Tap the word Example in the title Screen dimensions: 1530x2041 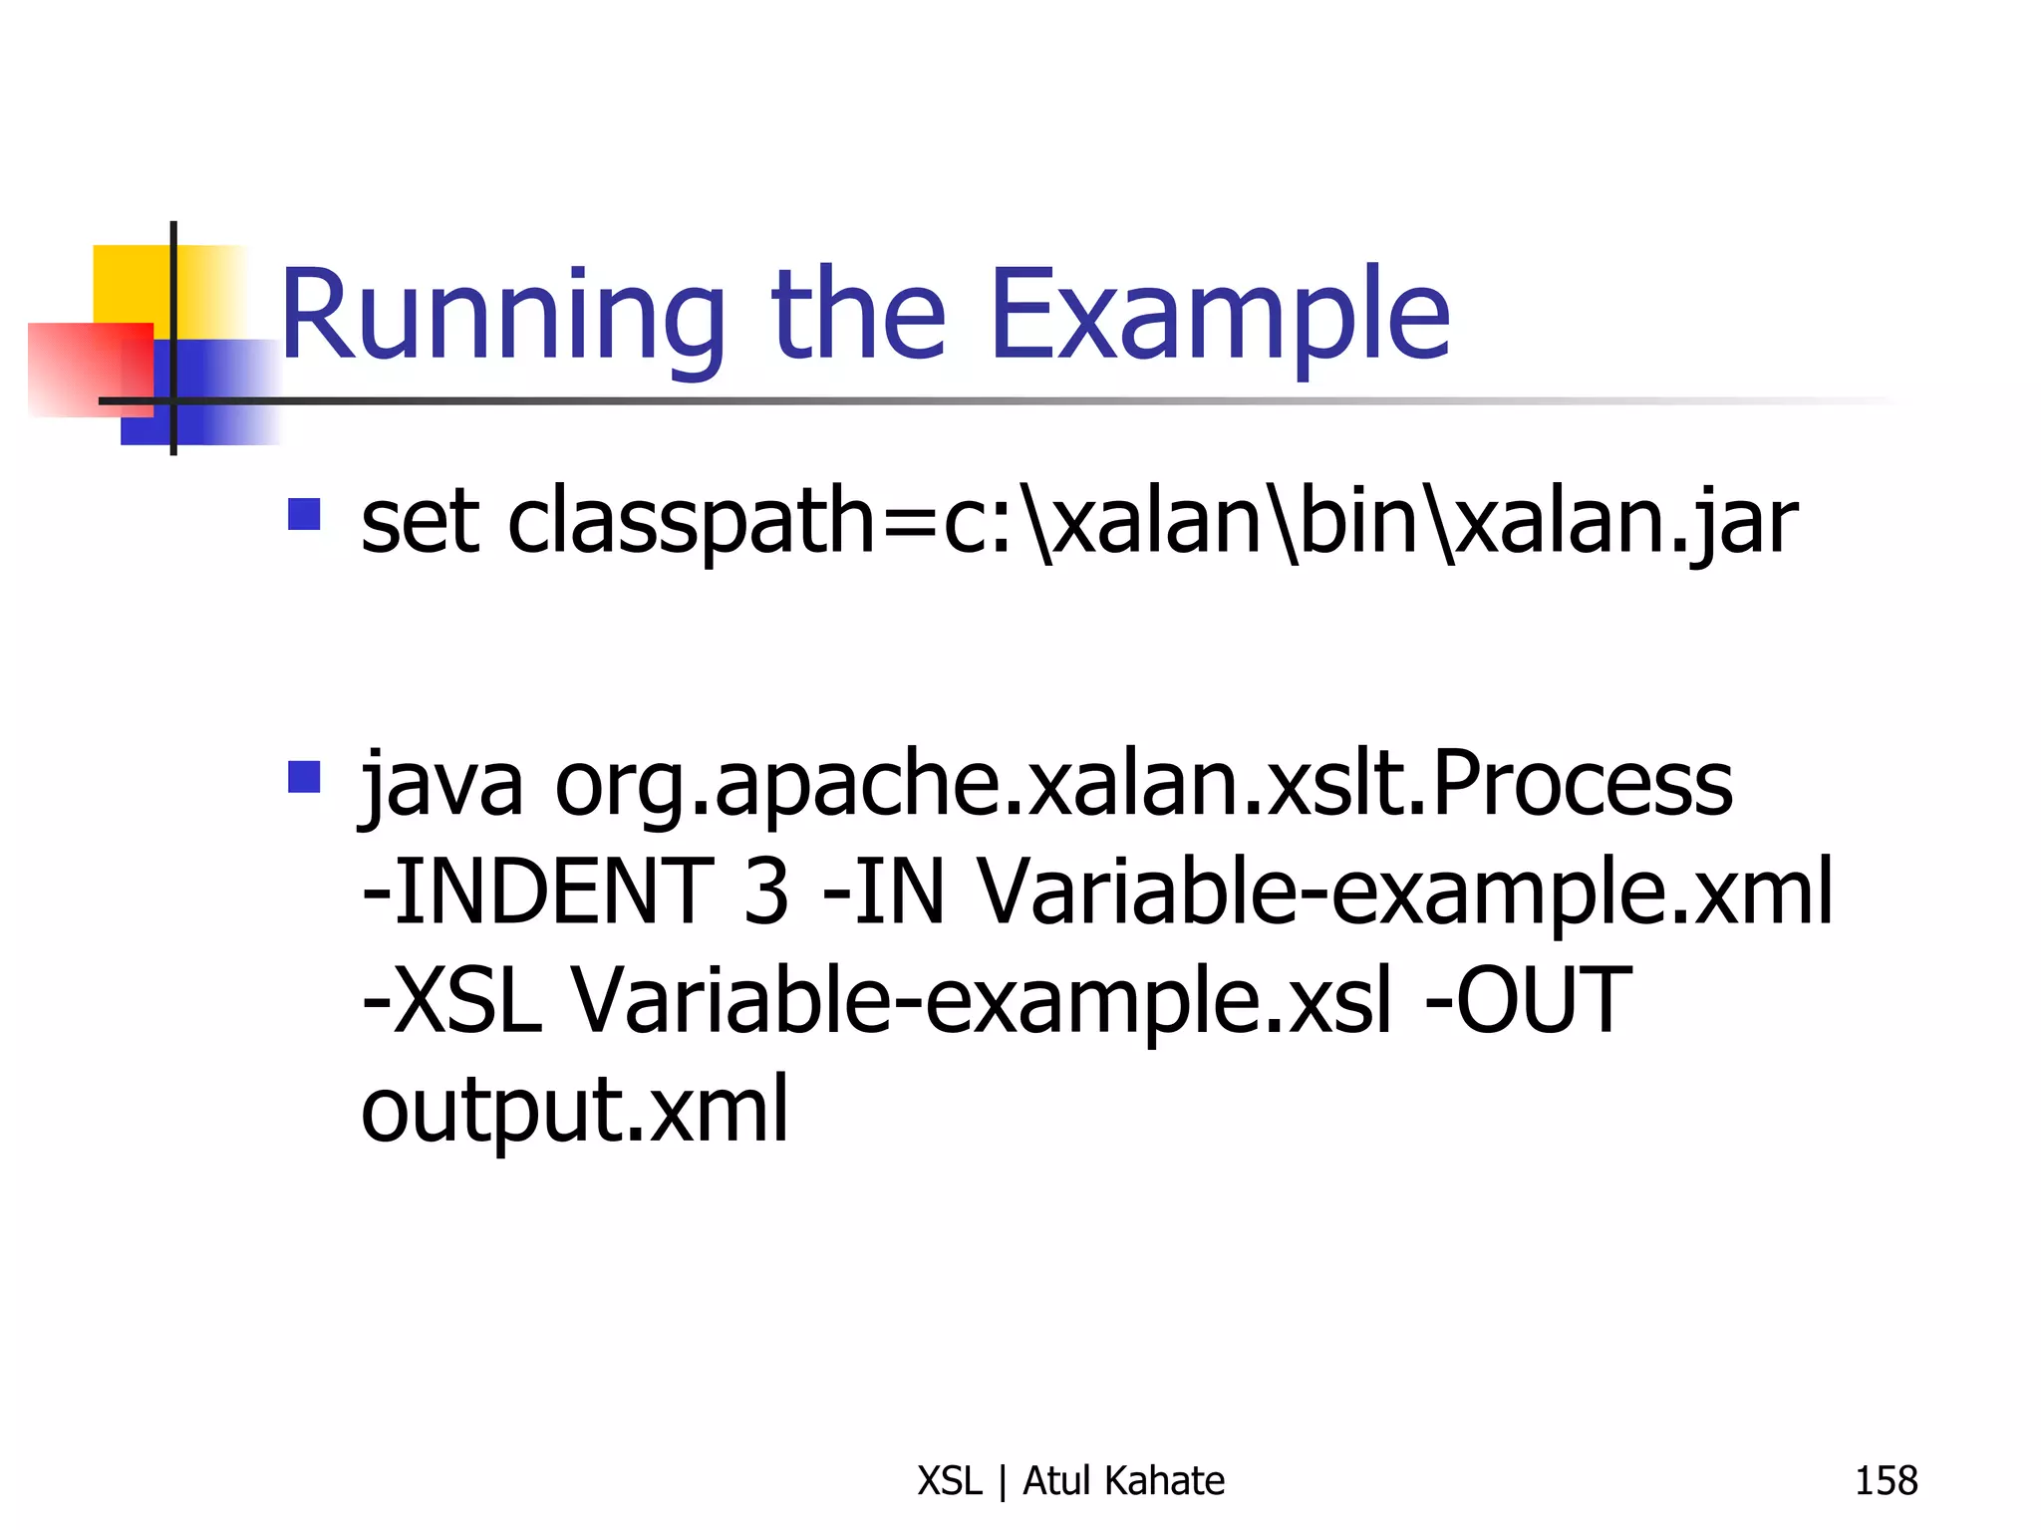coord(1218,317)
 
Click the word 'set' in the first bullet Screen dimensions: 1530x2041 coord(419,522)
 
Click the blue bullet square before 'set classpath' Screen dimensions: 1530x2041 coord(304,514)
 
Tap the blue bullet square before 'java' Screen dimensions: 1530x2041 coord(304,776)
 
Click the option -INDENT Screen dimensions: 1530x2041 coord(537,892)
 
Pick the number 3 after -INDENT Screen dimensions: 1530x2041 coord(765,892)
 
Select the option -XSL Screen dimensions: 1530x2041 coord(451,1000)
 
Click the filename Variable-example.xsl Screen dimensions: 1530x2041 coord(980,1002)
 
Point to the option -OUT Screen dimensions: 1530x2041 coord(1528,1000)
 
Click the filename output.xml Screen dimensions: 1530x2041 coord(574,1110)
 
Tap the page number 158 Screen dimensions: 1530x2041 coord(1885,1480)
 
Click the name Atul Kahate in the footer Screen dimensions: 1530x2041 coord(1123,1480)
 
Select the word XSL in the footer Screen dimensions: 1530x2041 coord(949,1480)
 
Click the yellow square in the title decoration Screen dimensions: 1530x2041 coord(130,283)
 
